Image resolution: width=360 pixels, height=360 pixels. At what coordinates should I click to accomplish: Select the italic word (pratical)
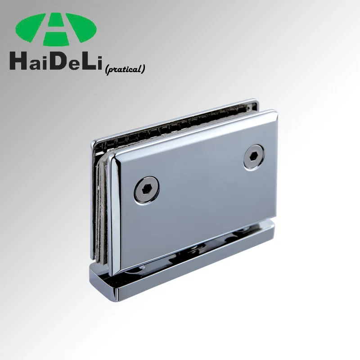[124, 69]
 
